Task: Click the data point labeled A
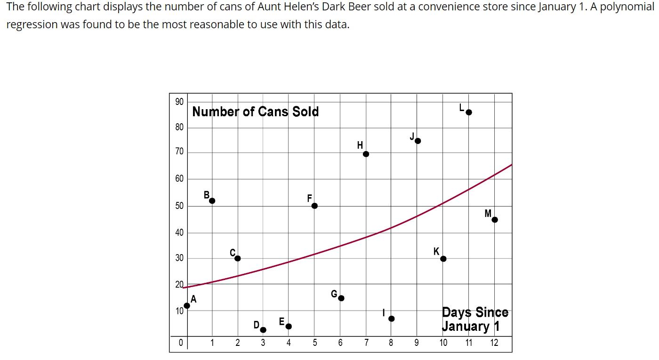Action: (187, 305)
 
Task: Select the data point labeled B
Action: (212, 200)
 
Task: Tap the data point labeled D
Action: (263, 330)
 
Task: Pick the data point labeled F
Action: (314, 206)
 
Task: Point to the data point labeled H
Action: (366, 154)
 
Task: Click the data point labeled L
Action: (468, 112)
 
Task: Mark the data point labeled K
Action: (443, 258)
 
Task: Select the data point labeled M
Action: (494, 219)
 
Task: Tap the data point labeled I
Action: (391, 319)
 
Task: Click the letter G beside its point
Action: (334, 294)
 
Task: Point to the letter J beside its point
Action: (412, 136)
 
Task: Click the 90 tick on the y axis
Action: (179, 102)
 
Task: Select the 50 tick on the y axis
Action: (179, 206)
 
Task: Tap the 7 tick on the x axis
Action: (366, 343)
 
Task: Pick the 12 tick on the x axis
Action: (494, 343)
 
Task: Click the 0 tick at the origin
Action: (180, 343)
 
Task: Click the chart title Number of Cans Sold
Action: (256, 112)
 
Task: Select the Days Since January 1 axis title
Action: (474, 319)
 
